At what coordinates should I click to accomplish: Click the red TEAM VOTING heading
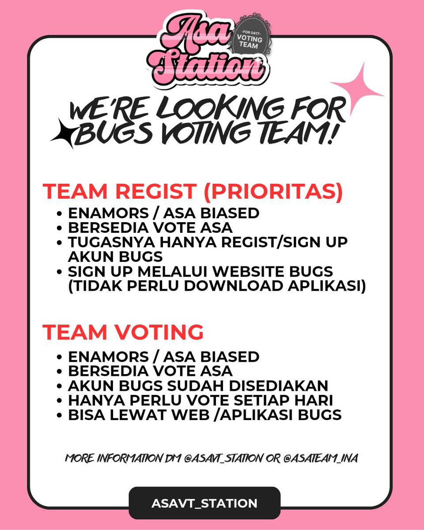[123, 332]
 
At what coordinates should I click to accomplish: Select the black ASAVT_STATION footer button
[204, 503]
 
